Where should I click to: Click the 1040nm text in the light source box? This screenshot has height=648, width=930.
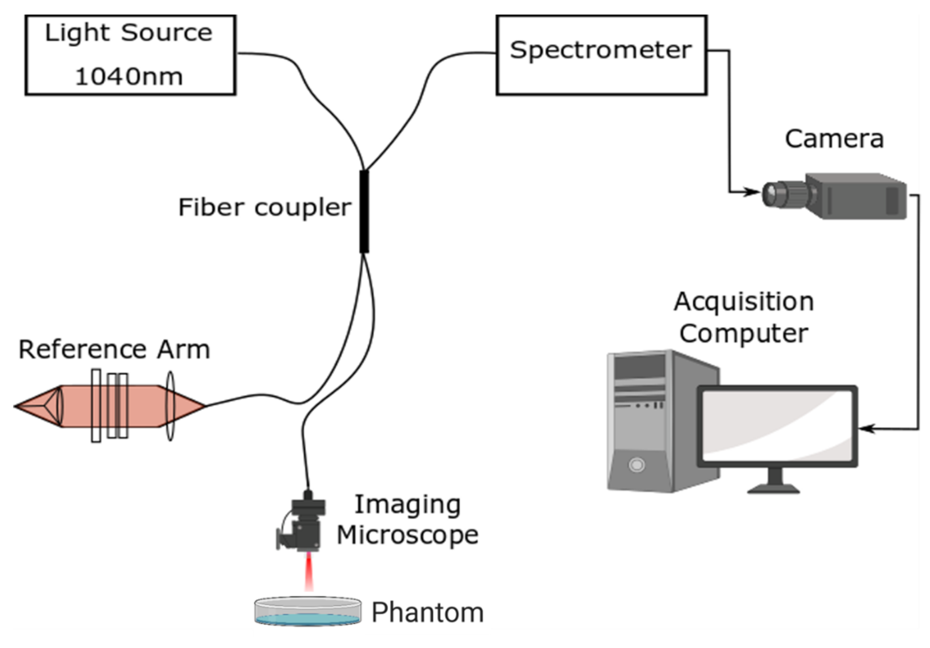click(129, 77)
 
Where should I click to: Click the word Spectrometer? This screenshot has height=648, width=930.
click(601, 50)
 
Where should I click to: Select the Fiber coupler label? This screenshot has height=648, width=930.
click(264, 208)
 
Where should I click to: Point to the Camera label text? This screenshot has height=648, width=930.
click(834, 139)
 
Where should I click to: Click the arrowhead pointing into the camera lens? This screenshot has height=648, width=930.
click(752, 192)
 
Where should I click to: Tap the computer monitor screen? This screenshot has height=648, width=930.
click(777, 426)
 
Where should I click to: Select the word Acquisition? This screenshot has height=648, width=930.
click(744, 302)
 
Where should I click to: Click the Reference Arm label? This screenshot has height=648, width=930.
click(114, 349)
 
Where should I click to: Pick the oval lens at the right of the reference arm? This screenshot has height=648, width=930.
click(170, 406)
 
